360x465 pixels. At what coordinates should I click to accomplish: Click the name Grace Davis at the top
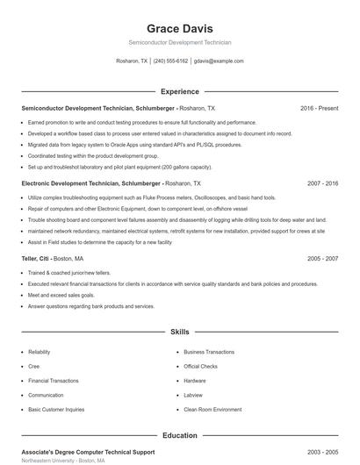pos(179,28)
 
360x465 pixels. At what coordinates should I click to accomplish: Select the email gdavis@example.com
pos(219,61)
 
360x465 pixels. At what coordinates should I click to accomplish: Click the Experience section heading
pos(179,91)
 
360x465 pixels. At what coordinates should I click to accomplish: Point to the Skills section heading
pos(179,333)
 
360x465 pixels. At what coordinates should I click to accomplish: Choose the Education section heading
pos(179,435)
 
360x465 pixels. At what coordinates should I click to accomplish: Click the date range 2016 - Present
pos(319,108)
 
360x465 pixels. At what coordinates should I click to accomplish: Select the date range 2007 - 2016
pos(322,184)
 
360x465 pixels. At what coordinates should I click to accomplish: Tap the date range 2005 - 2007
pos(322,260)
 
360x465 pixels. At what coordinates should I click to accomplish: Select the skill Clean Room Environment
pos(212,410)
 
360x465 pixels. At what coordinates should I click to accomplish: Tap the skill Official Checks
pos(200,367)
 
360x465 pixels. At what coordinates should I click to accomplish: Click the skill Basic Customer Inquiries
pos(56,410)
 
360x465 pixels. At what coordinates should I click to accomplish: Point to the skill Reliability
pos(40,352)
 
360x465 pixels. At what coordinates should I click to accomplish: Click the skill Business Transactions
pos(209,352)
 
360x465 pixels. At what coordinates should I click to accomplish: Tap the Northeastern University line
pos(62,461)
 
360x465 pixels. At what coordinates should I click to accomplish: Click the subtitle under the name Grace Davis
pos(179,42)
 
